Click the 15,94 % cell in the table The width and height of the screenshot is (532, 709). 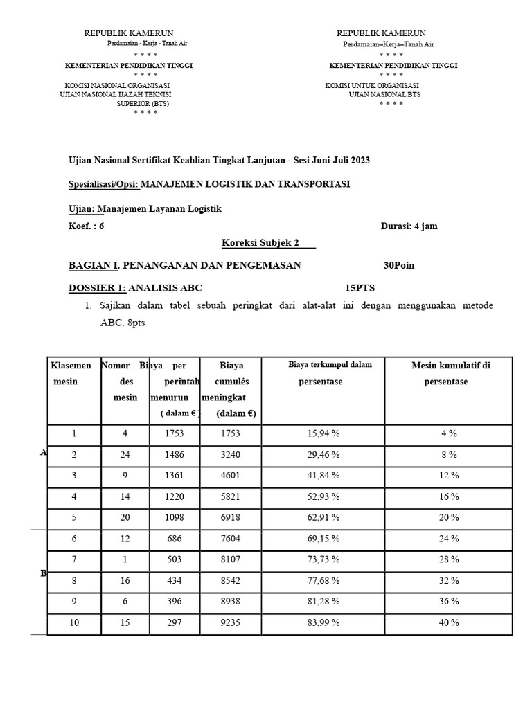[323, 433]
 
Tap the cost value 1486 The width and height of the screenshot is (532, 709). [175, 455]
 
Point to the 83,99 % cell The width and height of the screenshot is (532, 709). [323, 622]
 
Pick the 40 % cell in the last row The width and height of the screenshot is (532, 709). [449, 622]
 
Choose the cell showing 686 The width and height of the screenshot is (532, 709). [175, 539]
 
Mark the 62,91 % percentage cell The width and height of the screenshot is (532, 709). [323, 517]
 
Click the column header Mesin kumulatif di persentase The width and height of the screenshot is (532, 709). [450, 373]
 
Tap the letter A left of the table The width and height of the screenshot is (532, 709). [43, 452]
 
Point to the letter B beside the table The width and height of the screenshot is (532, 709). [43, 573]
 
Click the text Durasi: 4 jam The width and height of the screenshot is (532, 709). [409, 226]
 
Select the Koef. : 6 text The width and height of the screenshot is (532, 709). [87, 226]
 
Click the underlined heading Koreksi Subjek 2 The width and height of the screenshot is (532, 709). [267, 242]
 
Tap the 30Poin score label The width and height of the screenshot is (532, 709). [399, 265]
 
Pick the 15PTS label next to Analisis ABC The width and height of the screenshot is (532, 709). [360, 288]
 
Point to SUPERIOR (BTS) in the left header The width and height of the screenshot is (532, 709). [143, 103]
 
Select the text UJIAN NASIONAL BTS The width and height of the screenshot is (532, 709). [384, 94]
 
